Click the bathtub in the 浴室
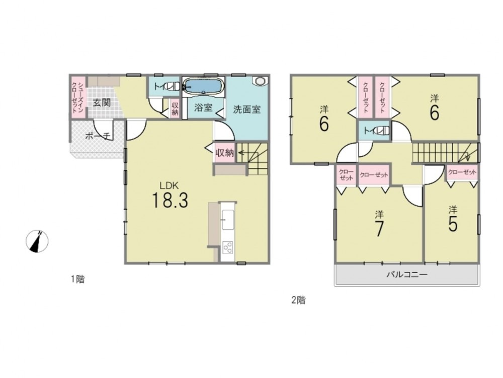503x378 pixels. point(204,86)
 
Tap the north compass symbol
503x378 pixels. point(37,241)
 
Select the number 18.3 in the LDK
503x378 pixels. point(170,200)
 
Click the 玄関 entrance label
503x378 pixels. point(102,103)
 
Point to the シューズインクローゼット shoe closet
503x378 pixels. point(78,97)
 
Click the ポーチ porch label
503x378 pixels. point(98,136)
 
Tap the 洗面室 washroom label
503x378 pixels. point(246,109)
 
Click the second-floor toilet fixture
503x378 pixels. point(382,131)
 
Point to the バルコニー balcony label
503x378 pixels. point(407,275)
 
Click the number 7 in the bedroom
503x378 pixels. point(379,228)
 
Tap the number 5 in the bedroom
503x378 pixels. point(453,224)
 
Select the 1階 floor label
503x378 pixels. point(77,279)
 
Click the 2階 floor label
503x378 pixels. point(298,300)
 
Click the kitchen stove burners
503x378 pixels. point(228,247)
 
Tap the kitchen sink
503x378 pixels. point(228,220)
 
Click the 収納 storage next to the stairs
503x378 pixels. point(225,153)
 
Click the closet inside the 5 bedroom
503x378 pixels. point(462,172)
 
